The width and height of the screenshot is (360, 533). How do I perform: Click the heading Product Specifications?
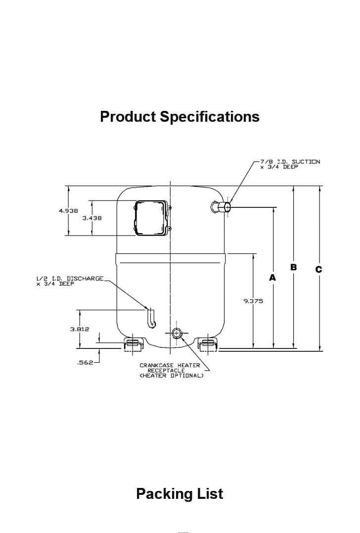click(x=180, y=117)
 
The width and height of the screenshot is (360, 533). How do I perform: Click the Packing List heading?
click(x=180, y=493)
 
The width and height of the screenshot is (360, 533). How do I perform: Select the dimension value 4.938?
click(x=68, y=211)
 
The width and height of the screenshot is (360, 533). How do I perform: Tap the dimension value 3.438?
click(x=92, y=218)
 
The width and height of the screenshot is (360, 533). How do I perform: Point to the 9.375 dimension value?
click(x=253, y=300)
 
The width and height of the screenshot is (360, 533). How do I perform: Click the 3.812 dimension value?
click(x=79, y=329)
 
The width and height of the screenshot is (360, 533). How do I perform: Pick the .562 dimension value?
click(x=86, y=363)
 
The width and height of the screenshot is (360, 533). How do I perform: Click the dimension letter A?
click(x=272, y=278)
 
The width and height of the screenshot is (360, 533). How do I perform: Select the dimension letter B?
click(x=293, y=267)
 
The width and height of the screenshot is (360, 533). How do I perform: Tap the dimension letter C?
click(x=319, y=269)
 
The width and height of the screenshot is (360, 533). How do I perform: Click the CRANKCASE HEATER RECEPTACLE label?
click(x=170, y=368)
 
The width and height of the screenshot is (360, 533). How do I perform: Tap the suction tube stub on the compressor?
click(x=221, y=207)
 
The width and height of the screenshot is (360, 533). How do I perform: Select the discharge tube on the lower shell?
click(x=151, y=318)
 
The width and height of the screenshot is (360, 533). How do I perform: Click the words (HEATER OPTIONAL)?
click(x=171, y=376)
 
